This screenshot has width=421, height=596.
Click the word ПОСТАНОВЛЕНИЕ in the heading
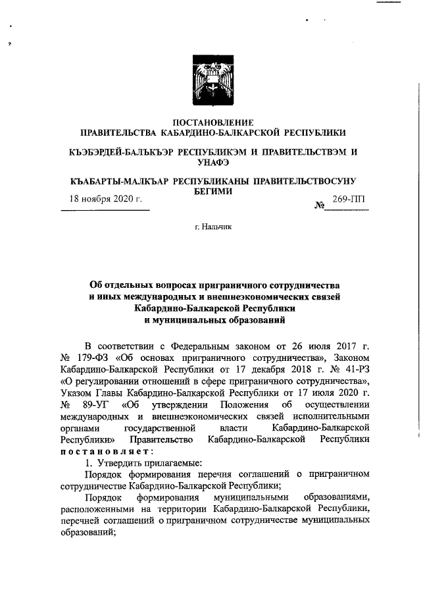coord(211,122)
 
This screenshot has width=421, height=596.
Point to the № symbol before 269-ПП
coord(320,206)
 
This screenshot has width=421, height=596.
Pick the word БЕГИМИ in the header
coord(211,190)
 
